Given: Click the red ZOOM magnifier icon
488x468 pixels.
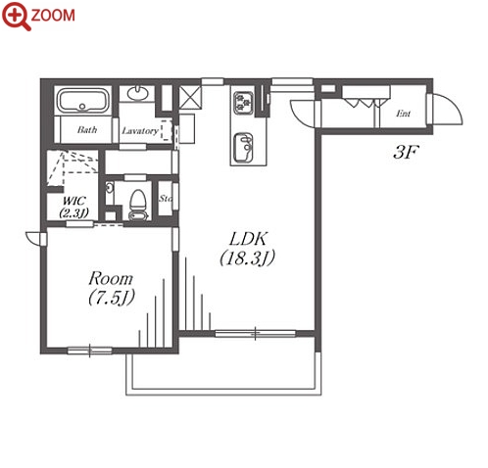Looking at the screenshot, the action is point(17,16).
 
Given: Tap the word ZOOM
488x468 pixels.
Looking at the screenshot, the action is point(53,16).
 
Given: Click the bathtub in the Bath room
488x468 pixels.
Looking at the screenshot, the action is point(83,100).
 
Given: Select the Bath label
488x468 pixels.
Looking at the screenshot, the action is point(87,130).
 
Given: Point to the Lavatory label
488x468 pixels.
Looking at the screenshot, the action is point(140,131).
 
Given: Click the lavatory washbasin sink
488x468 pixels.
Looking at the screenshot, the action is point(137,93).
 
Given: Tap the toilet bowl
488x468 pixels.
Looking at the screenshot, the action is point(137,205).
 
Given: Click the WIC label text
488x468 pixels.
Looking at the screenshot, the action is point(73,201).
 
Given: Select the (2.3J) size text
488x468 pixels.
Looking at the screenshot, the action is point(73,213).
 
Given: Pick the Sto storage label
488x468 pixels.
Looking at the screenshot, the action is point(166,198).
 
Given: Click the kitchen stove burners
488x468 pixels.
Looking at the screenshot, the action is point(244,103).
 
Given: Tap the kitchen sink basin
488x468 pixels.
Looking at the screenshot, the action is point(244,147).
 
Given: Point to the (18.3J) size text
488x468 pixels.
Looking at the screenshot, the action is point(247,257).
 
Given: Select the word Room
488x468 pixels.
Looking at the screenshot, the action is point(111,279).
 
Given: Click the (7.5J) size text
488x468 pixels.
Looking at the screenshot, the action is point(112,298).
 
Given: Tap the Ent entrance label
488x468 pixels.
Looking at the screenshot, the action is point(403,114).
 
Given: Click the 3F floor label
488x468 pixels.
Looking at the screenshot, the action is point(406,152).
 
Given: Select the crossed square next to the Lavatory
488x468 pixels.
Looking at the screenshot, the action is point(190,98).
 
